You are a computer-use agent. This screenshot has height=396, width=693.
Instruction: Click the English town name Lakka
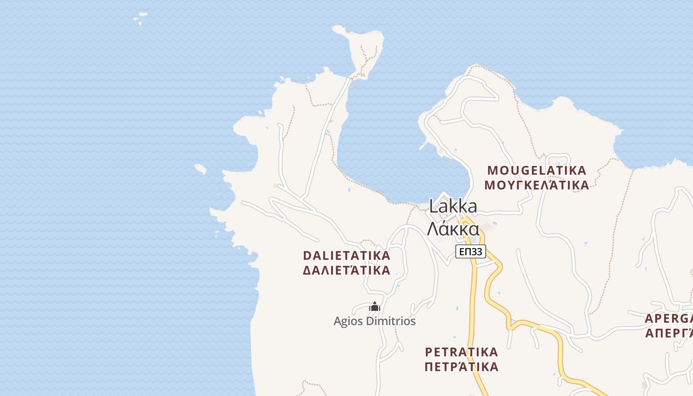pos(453,206)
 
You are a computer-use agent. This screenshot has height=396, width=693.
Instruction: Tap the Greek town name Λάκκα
pos(453,229)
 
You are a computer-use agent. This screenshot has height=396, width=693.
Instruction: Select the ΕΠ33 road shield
pos(471,252)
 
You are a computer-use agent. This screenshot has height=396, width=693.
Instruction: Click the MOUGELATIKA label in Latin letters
pos(537,170)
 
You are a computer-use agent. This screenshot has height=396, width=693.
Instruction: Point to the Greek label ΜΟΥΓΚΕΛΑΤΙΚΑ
pos(537,185)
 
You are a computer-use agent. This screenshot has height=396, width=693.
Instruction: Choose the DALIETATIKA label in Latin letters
pos(346,256)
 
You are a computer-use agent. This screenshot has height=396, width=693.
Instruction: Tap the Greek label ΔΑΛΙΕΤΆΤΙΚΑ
pos(346,270)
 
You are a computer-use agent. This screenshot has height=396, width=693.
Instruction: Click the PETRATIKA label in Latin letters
pos(461,352)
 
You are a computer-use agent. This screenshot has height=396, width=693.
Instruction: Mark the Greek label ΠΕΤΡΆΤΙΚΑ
pos(461,367)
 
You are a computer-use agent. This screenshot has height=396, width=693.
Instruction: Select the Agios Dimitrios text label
pos(375,321)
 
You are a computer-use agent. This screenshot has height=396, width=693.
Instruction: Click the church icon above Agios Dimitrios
pos(375,307)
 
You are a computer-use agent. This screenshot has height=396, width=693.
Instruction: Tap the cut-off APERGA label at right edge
pos(669,318)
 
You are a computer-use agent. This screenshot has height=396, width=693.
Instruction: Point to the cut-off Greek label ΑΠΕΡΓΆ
pos(669,333)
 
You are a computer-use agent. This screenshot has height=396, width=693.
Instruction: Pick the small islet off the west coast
pos(200,169)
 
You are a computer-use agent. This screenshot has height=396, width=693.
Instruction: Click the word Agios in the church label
pos(348,321)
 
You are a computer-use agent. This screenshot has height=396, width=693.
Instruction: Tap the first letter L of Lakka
pos(434,206)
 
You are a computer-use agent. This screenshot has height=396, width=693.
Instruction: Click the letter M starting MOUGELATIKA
pos(493,170)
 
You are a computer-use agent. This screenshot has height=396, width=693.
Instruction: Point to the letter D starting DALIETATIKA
pos(307,256)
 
